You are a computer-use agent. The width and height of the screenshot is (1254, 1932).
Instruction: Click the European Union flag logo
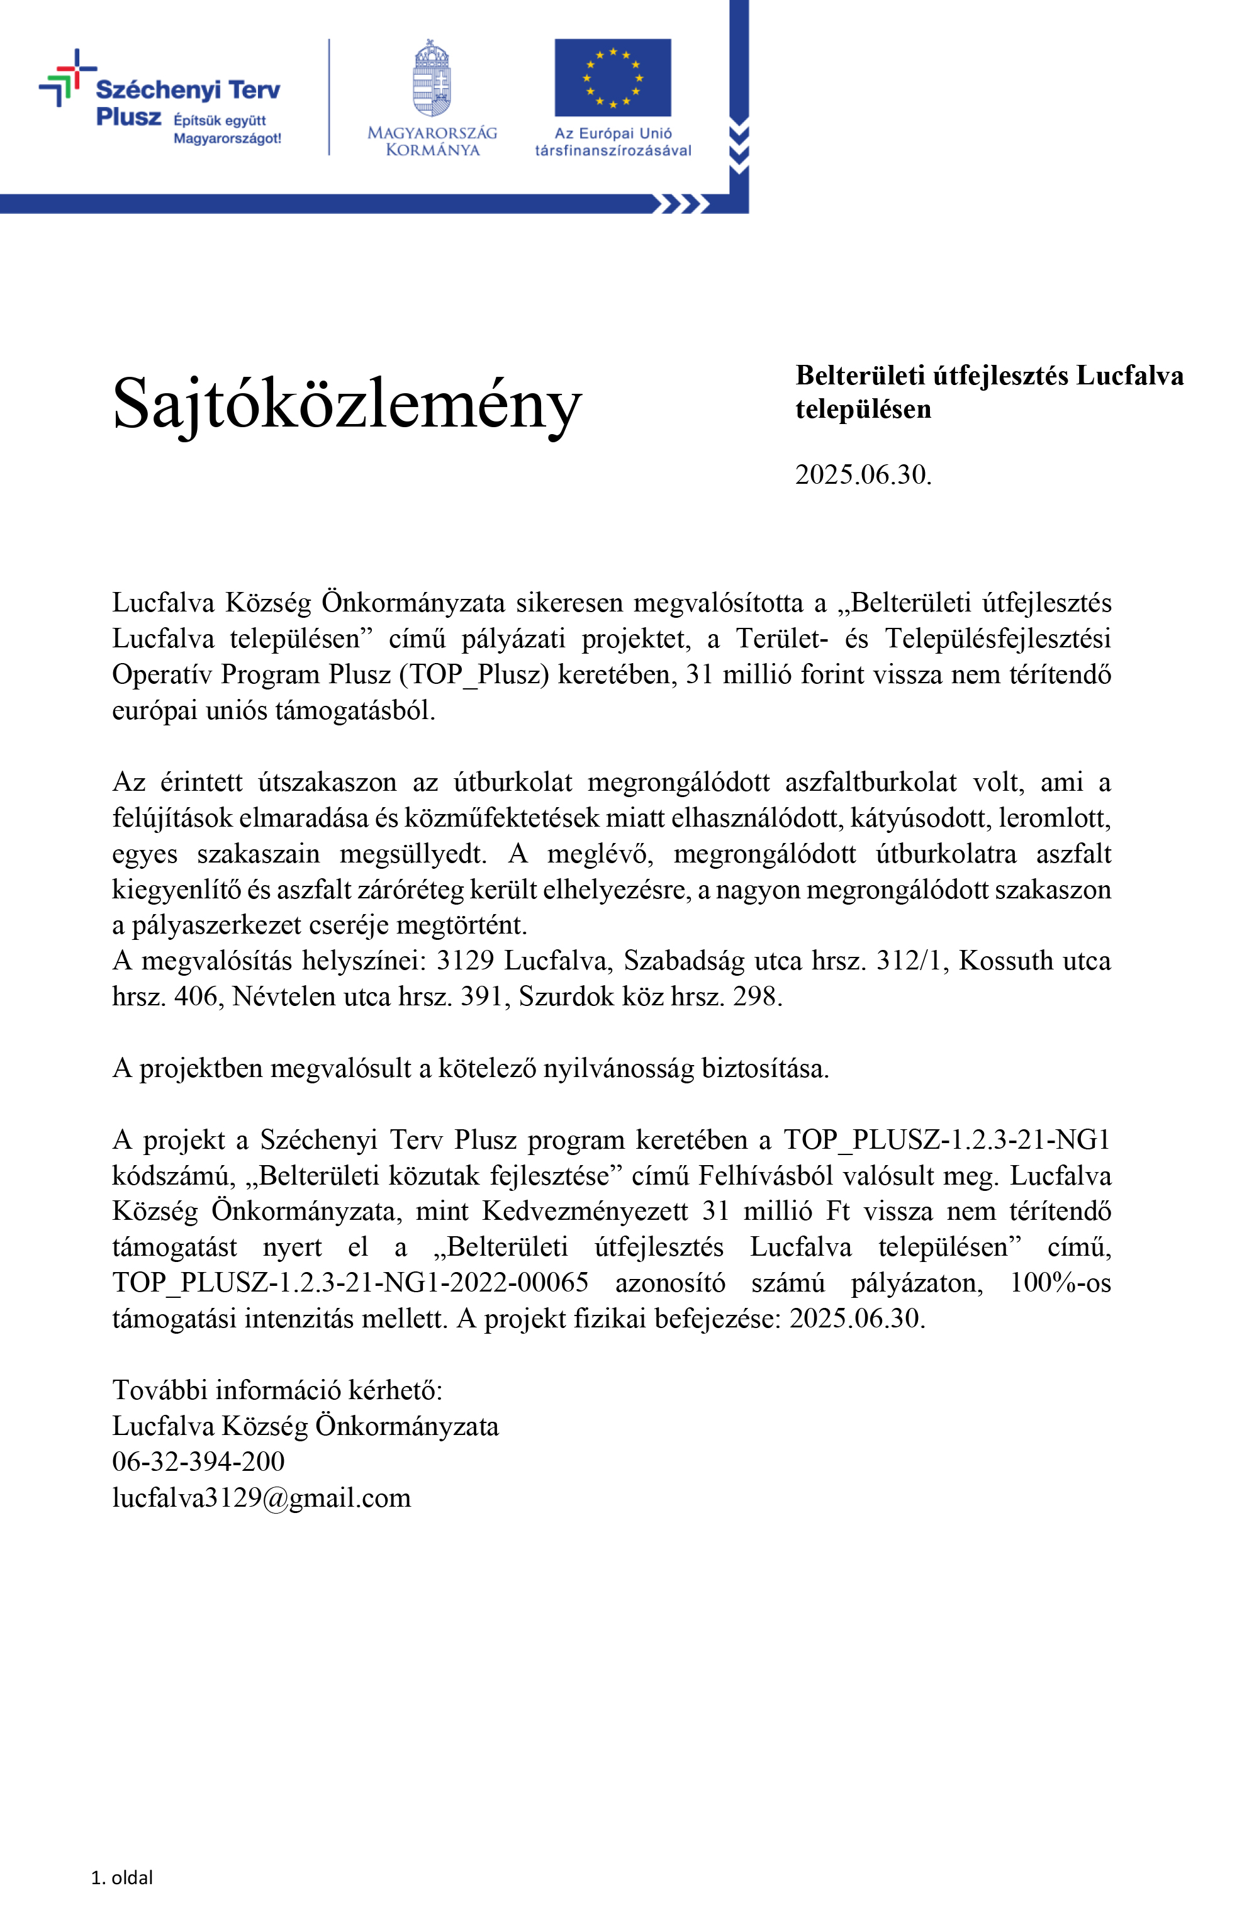(612, 78)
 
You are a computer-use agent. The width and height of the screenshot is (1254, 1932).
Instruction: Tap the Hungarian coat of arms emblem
(431, 79)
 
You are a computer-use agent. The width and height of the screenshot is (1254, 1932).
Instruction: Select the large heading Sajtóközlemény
(347, 403)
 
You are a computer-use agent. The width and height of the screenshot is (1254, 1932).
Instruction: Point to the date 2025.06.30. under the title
(863, 475)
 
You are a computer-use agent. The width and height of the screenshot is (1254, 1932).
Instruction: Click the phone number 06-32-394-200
(198, 1461)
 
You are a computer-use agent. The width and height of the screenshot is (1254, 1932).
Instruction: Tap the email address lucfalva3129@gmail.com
(261, 1497)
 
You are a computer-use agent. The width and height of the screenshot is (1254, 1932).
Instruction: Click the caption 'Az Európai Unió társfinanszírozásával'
(613, 142)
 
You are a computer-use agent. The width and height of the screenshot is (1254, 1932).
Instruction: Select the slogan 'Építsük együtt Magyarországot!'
(227, 129)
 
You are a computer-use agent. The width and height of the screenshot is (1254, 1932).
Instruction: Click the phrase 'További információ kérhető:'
(277, 1390)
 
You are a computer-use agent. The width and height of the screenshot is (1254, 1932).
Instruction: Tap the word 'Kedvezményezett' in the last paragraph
(585, 1211)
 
